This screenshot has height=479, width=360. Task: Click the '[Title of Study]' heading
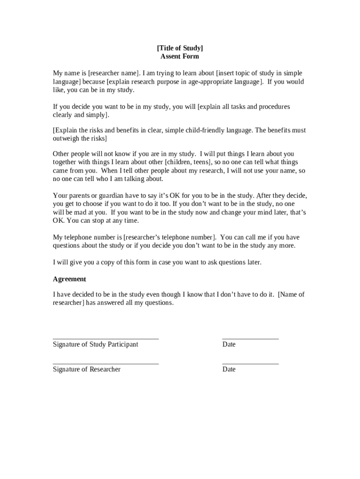click(180, 48)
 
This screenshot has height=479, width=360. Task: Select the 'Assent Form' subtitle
click(180, 57)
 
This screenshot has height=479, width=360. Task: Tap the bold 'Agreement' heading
click(69, 279)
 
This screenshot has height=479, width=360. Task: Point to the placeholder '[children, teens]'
click(187, 162)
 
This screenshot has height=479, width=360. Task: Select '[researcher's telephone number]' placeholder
click(170, 237)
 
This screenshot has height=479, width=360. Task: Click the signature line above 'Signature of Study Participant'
click(106, 338)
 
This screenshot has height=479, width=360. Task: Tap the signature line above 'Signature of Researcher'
click(106, 363)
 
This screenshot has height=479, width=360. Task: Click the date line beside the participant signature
click(250, 338)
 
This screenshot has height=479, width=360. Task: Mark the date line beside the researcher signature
click(250, 363)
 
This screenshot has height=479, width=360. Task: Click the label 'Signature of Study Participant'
click(95, 345)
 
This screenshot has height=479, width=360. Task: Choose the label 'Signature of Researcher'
click(86, 370)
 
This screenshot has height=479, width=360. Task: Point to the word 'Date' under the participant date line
click(229, 345)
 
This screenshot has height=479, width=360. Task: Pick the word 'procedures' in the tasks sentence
click(274, 107)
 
